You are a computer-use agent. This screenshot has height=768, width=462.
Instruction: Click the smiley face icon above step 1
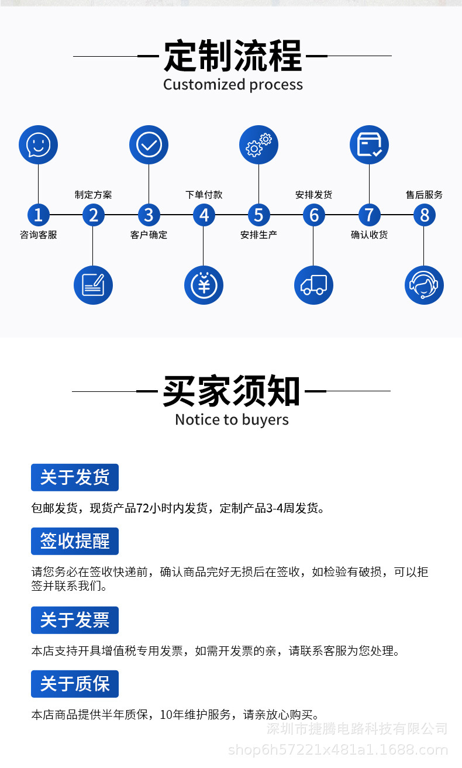tap(39, 144)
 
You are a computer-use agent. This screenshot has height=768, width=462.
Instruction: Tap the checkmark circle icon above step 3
tap(149, 144)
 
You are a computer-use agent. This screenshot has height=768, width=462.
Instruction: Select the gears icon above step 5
tap(258, 144)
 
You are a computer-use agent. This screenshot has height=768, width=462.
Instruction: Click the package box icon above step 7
tap(369, 144)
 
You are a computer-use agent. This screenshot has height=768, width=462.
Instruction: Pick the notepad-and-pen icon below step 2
tap(93, 285)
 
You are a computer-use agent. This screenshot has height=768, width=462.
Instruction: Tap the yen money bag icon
tap(204, 285)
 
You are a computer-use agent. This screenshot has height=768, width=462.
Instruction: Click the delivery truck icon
tap(313, 285)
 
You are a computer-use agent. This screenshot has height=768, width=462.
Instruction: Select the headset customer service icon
tap(424, 285)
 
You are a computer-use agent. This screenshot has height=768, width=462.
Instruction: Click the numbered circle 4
tap(204, 215)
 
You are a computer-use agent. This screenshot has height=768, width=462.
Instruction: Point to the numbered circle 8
tap(424, 215)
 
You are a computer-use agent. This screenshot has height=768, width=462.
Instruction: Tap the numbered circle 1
tap(39, 215)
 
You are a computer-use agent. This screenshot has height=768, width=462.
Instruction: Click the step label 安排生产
tap(258, 235)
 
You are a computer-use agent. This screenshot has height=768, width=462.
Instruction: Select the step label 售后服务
tap(424, 195)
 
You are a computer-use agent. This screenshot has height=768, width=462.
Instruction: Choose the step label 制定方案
tap(93, 195)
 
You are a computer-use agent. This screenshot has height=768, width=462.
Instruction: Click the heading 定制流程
tap(232, 56)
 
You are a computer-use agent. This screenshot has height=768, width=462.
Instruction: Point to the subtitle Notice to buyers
tap(232, 419)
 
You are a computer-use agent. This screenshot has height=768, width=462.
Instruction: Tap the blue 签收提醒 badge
tap(75, 541)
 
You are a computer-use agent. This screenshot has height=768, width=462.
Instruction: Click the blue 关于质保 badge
tap(75, 684)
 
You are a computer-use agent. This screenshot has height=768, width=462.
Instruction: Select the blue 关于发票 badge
tap(75, 620)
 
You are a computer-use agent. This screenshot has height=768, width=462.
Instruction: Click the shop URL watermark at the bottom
tap(337, 750)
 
